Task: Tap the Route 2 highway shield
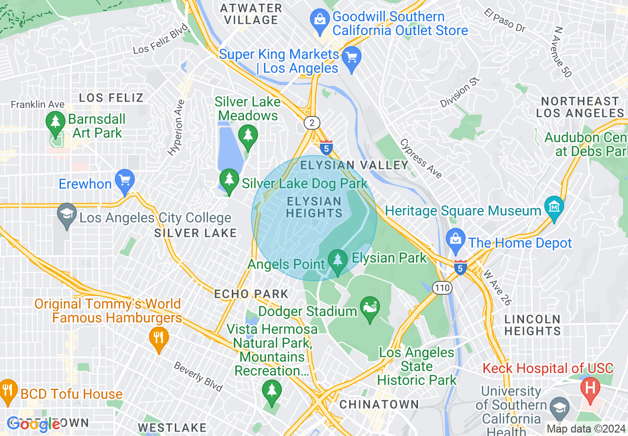tap(312, 123)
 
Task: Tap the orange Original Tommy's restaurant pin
tap(158, 338)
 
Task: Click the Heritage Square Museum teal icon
tap(554, 205)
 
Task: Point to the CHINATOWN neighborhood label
tap(379, 404)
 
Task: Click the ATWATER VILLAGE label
tap(251, 14)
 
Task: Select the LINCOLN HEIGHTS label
tap(532, 325)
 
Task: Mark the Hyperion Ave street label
tap(176, 128)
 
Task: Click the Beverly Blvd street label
tap(198, 376)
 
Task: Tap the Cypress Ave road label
tap(421, 158)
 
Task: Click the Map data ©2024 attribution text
tap(586, 429)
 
